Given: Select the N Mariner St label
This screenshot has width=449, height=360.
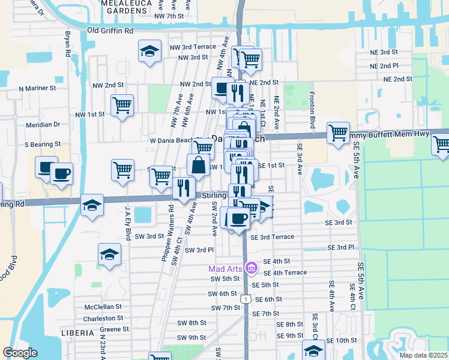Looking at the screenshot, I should coord(37,88).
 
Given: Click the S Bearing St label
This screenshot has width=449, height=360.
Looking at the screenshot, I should coord(43,144).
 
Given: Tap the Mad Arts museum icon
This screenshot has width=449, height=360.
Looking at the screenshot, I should coord(252,267).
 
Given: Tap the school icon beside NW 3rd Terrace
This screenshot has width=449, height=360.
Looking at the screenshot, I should coord(149,50).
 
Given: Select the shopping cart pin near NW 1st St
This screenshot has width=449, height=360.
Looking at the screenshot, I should coord(122,105).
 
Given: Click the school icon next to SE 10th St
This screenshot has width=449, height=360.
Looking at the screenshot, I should coord(313,350).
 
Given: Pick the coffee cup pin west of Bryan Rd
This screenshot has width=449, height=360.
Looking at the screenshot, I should coord(61,174).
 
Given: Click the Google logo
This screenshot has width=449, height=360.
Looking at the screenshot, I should coord(20,353).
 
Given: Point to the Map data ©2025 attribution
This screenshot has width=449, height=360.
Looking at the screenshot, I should coord(423,355).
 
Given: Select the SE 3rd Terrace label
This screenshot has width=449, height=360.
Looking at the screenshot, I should coord(277,237).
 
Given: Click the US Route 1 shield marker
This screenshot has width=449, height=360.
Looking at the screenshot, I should coord(245,298).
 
